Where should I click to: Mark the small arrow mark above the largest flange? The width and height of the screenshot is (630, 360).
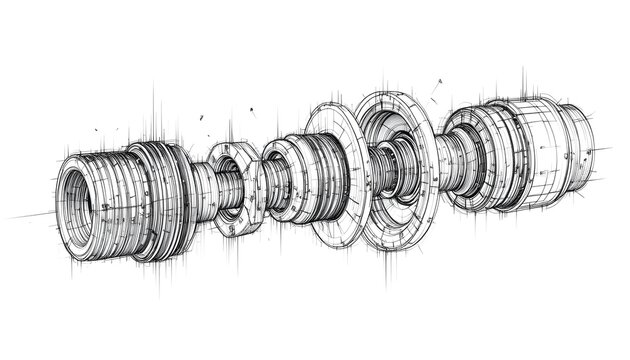pos(436,86)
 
